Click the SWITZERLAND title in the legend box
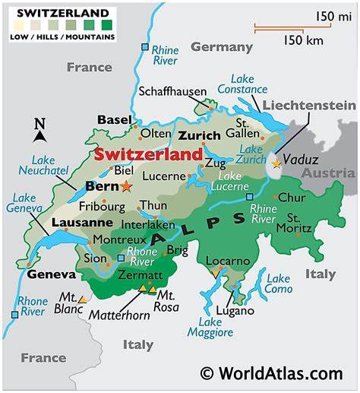(x=50, y=14)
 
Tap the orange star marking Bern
(x=126, y=186)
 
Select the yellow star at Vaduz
(x=276, y=162)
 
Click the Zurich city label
(x=199, y=135)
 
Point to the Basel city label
(x=114, y=119)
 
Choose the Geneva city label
(x=52, y=274)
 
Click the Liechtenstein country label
(x=309, y=105)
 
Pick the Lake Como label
(x=279, y=284)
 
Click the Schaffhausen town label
(x=172, y=91)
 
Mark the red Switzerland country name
(x=148, y=154)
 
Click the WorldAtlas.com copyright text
(x=271, y=373)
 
